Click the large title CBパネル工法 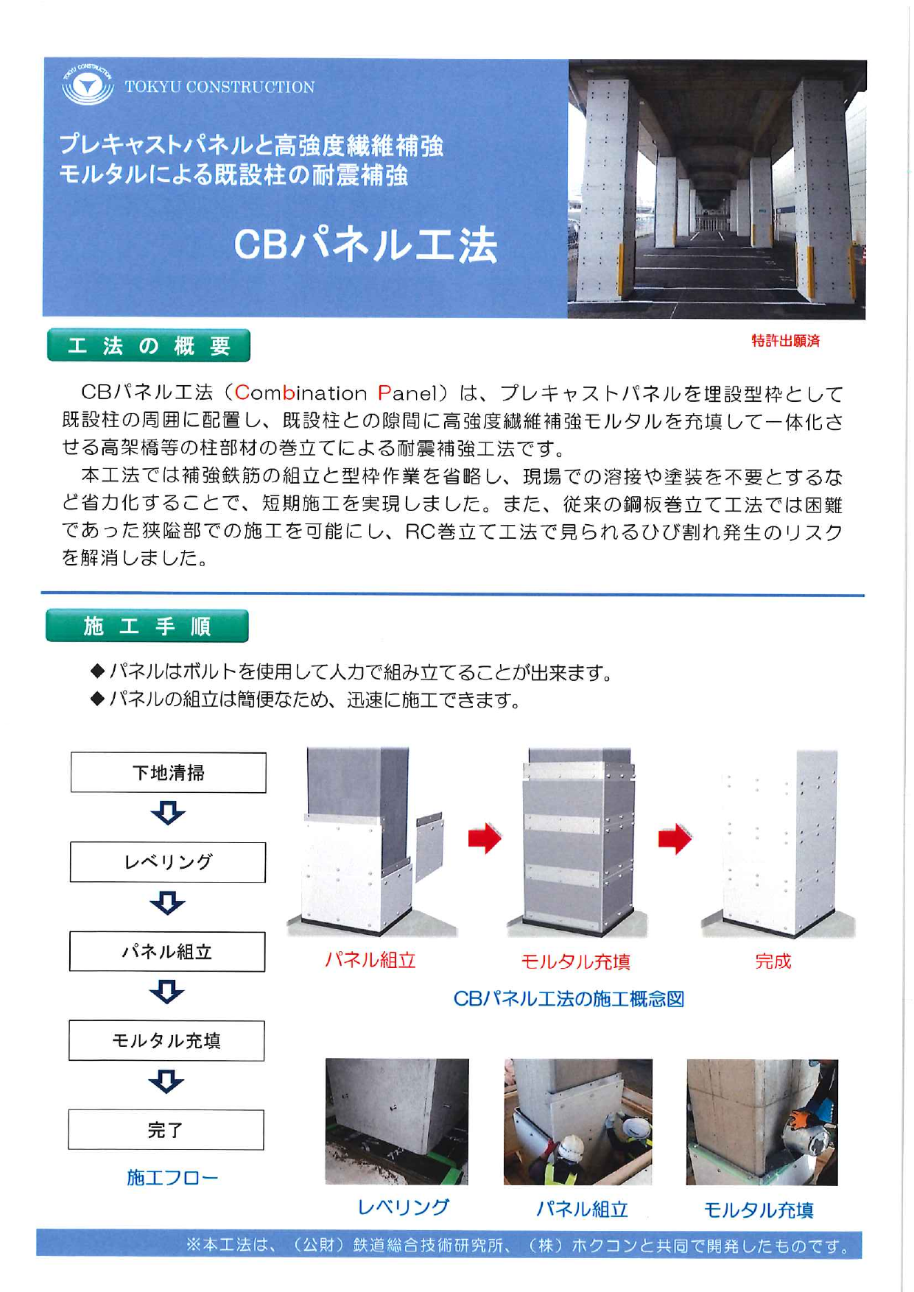[365, 244]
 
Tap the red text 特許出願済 [785, 341]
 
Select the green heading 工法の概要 [149, 345]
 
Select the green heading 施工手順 [147, 626]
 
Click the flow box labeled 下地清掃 [169, 772]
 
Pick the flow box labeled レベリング [168, 862]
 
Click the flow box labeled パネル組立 [167, 951]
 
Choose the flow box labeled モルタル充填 [166, 1040]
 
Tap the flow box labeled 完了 [166, 1129]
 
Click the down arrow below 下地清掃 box [168, 813]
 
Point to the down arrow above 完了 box [166, 1081]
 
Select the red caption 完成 [773, 961]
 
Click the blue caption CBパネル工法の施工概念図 [569, 999]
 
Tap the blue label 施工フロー [172, 1177]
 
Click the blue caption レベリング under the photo [403, 1207]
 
